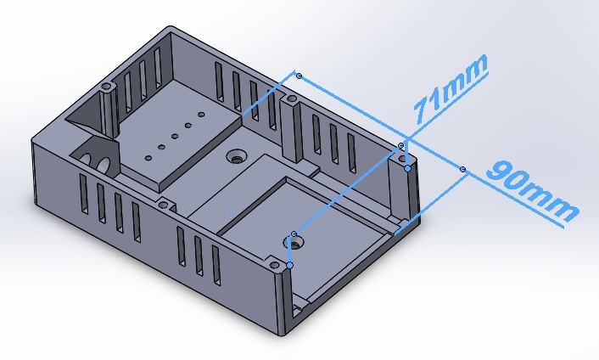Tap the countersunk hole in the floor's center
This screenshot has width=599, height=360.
pos(235,157)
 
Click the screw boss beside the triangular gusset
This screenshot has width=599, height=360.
pos(107,87)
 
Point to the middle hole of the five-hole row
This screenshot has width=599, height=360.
pos(175,135)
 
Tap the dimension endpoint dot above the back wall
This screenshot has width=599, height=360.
pos(299,76)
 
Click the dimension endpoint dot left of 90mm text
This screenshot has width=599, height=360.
pos(462,170)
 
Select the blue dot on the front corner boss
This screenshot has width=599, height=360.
pos(290,266)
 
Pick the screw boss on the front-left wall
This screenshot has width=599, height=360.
pos(163,203)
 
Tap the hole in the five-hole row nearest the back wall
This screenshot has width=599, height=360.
pos(201,114)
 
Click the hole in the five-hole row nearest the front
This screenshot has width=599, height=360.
pos(148,157)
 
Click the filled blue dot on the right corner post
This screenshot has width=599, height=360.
pos(408,168)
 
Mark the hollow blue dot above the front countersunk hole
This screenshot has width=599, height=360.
pos(294,233)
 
